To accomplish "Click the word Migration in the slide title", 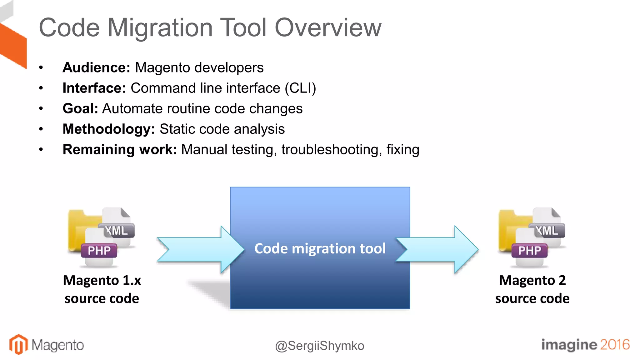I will pos(160,28).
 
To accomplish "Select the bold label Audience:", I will pos(96,67).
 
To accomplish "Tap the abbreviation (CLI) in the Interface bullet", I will pos(300,88).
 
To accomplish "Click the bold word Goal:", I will pos(80,109).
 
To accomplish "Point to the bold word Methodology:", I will pos(108,129).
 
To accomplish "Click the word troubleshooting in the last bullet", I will pos(332,150).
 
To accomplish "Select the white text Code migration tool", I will pos(320,249).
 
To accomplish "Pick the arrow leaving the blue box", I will pos(437,249).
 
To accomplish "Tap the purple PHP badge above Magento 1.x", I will pos(99,251).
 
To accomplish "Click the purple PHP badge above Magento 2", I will pos(529,251).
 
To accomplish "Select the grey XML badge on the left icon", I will pos(117,231).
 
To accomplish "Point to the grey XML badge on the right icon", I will pos(547,231).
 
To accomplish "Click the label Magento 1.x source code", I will pos(102,289).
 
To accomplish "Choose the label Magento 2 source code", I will pos(532,289).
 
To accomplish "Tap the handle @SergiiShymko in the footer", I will pos(320,346).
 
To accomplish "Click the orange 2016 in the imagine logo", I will pos(614,345).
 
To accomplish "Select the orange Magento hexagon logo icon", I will pos(18,344).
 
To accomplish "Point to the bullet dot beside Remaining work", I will pos(41,150).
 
